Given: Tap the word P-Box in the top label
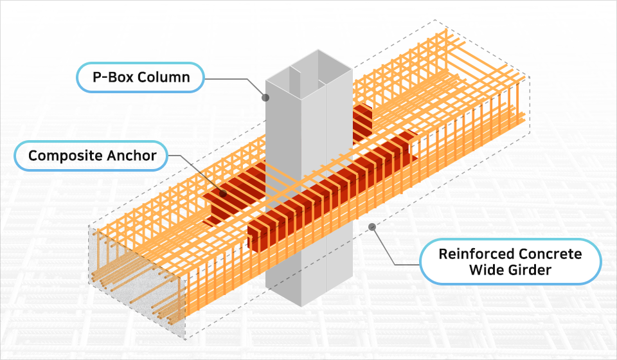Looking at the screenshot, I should click(x=113, y=78).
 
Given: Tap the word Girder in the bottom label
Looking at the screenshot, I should click(x=528, y=271).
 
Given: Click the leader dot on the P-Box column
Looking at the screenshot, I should click(x=264, y=98).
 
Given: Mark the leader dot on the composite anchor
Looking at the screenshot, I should click(x=223, y=192).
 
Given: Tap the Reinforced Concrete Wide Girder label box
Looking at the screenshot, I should click(x=510, y=262).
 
